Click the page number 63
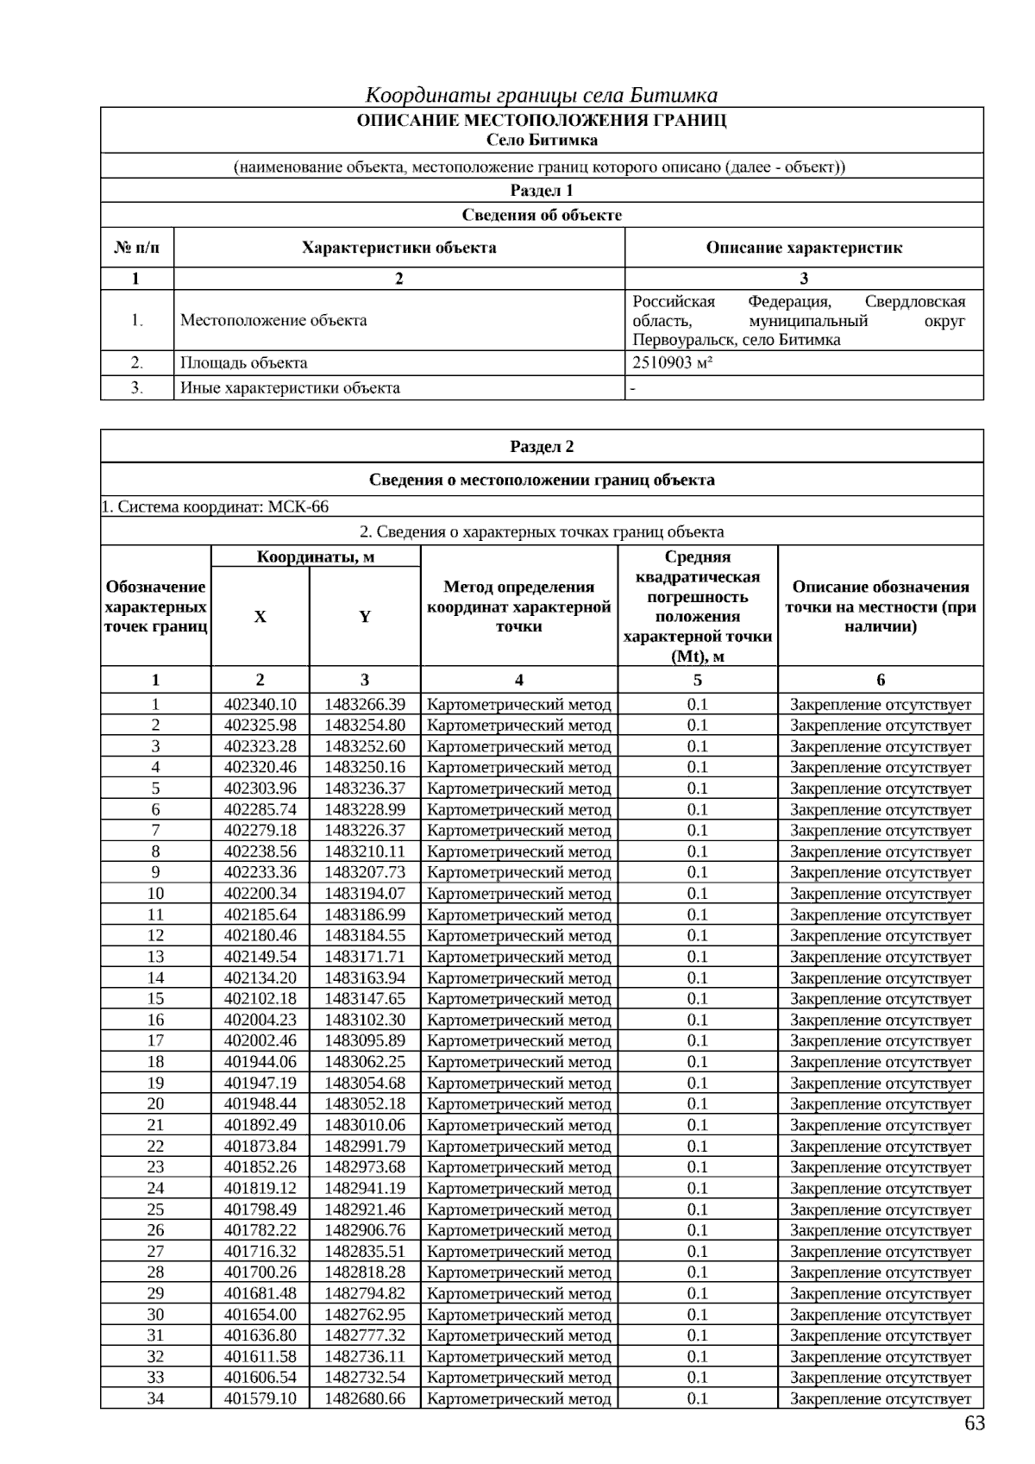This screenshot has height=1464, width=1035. pos(974,1423)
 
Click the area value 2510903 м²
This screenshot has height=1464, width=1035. pos(673,363)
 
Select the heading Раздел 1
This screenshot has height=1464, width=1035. pos(542,191)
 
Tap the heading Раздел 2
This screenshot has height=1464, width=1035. pos(542,446)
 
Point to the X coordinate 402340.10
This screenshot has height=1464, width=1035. pos(260,704)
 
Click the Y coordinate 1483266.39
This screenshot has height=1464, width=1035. pos(364,704)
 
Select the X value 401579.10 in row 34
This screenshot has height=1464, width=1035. pos(260,1398)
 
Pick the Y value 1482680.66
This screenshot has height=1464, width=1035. pos(364,1398)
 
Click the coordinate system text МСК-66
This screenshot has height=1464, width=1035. pos(298,506)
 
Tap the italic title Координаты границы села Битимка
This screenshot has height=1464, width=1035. pos(542,94)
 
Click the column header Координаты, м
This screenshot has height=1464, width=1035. pos(316,556)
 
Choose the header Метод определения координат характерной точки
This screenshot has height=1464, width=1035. pos(518,606)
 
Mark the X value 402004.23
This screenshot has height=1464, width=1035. pos(260,1020)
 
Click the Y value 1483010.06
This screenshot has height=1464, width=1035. pos(364,1125)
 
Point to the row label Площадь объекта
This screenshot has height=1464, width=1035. pos(243,363)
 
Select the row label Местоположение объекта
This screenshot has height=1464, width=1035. pos(273,320)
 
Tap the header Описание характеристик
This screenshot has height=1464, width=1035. pos(804,248)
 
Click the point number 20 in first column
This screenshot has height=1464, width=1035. pos(155,1103)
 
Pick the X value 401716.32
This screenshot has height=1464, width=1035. pos(260,1251)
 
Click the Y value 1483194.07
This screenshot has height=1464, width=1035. pos(364,893)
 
